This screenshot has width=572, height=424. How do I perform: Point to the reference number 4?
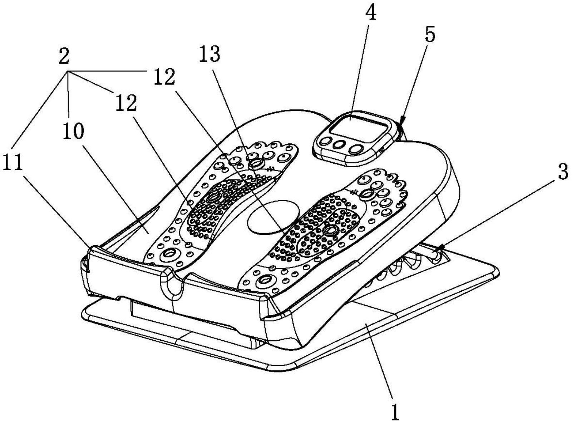(371, 14)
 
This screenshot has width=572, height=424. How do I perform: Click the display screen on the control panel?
(357, 127)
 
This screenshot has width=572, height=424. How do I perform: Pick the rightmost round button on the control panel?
(356, 148)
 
